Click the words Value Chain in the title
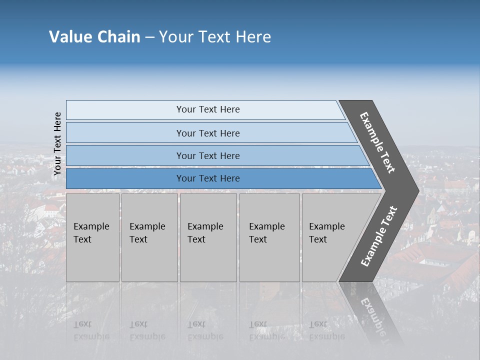(94, 37)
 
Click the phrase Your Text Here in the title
(215, 37)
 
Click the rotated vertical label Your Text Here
(57, 143)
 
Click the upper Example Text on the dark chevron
(377, 142)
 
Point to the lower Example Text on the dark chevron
(378, 236)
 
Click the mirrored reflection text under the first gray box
(91, 330)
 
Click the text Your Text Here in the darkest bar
(208, 178)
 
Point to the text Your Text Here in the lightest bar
(208, 109)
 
